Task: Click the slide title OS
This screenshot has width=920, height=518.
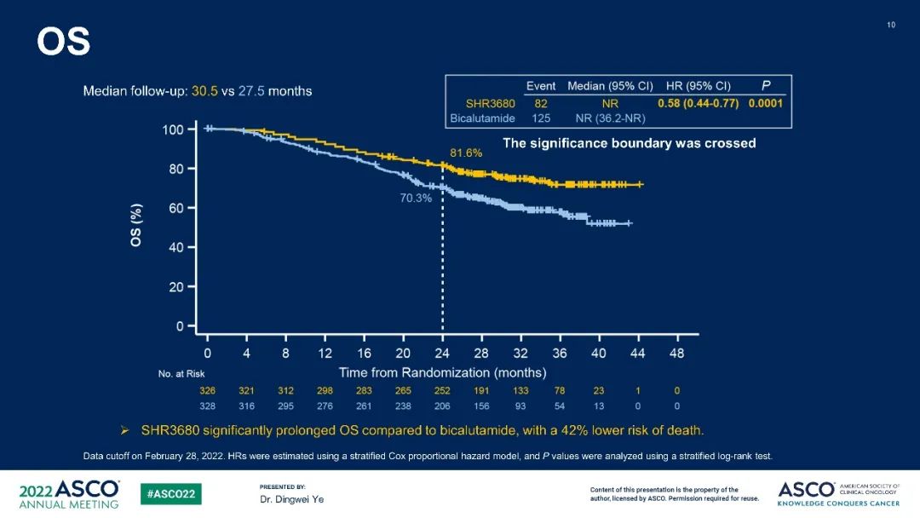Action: coord(63,42)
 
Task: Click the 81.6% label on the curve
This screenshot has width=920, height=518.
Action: coord(466,153)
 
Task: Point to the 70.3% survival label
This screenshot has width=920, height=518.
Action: coord(416,198)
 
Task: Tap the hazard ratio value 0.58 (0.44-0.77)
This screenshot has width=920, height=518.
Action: coord(698,103)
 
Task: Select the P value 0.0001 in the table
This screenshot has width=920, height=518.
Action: coord(765,103)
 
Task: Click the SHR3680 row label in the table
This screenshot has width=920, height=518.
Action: coord(489,103)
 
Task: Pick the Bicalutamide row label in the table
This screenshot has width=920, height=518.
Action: coord(482,118)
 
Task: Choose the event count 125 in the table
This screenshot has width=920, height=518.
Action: coord(541,118)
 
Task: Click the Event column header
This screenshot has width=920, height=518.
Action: coord(541,86)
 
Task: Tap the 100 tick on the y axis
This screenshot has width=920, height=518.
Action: coord(173,129)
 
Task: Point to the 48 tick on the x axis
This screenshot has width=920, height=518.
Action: coord(676,353)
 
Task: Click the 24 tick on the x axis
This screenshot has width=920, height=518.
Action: coord(442,353)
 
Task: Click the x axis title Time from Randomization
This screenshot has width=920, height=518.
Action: coord(442,372)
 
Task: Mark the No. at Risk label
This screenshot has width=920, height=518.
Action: coord(181,374)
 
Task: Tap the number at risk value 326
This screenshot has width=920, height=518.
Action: coord(208,390)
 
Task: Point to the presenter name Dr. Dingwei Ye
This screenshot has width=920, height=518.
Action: coord(291,499)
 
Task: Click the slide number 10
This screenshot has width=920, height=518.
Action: coord(891,25)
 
